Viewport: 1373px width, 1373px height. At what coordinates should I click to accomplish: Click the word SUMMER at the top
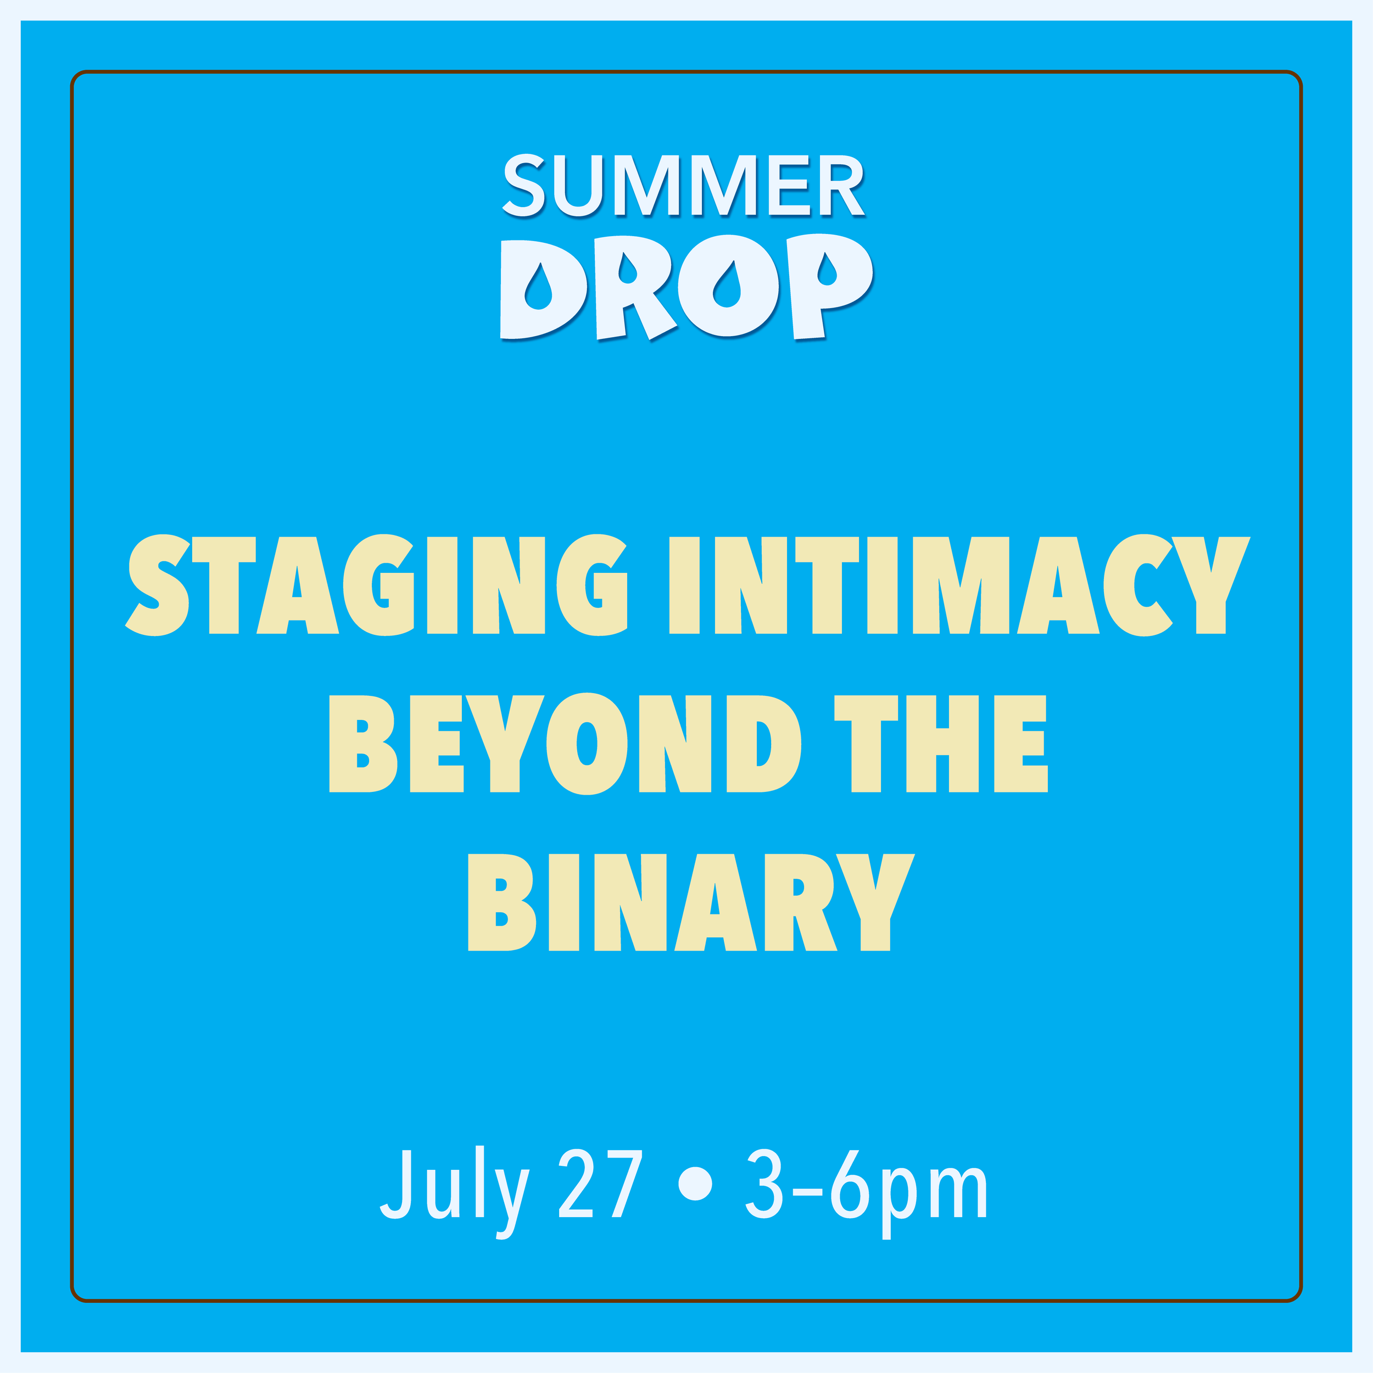[x=684, y=185]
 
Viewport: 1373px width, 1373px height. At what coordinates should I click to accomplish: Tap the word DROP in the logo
[x=686, y=286]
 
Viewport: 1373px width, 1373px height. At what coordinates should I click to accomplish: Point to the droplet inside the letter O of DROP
[x=727, y=286]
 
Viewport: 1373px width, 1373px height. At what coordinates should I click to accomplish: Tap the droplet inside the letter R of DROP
[x=627, y=269]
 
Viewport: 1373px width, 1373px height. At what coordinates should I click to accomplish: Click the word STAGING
[x=377, y=585]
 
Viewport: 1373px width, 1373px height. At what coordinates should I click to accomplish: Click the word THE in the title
[x=940, y=744]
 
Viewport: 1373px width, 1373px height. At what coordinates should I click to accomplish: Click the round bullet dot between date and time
[x=695, y=1184]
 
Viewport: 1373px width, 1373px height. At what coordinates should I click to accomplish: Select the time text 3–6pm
[x=866, y=1187]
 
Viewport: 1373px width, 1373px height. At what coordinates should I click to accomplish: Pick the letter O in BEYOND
[x=587, y=744]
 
